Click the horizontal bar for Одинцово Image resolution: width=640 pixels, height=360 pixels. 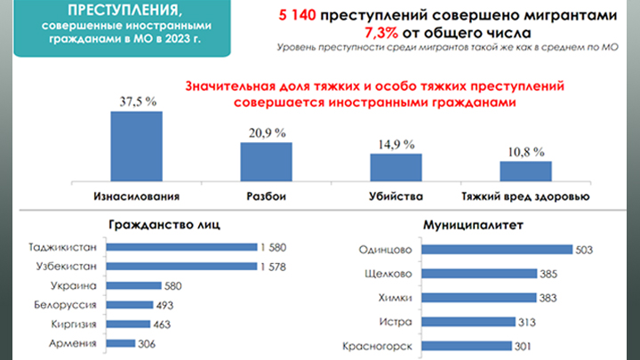pos(498,251)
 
